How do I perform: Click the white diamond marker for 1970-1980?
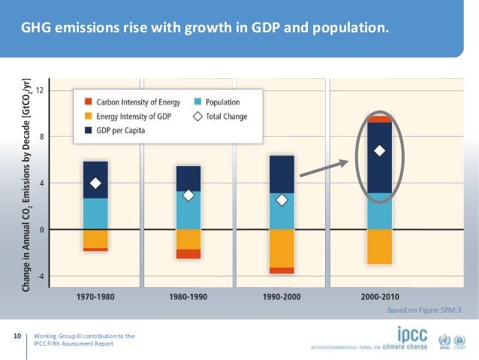pos(95,183)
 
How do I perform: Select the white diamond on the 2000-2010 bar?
pos(379,150)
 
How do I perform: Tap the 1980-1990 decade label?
pos(188,296)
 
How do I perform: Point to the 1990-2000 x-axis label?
pos(282,296)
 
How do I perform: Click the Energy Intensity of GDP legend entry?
pos(127,116)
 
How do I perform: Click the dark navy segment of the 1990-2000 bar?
pos(282,174)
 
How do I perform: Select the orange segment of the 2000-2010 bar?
pos(379,247)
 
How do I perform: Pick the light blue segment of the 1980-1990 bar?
pos(188,210)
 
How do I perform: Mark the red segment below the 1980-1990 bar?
pos(188,254)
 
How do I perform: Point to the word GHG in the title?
pos(37,29)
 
